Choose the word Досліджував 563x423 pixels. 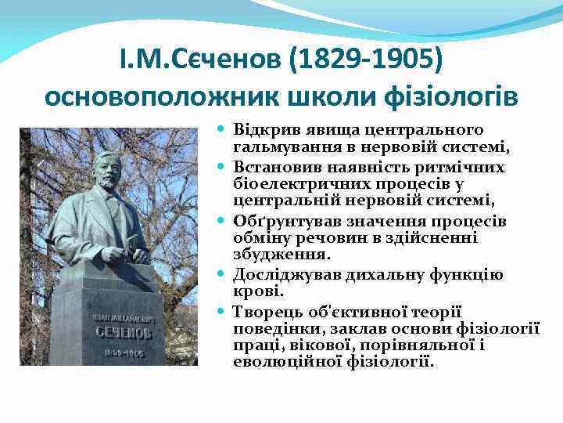tap(281, 275)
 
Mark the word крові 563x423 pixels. tap(251, 291)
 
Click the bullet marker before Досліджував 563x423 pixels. tap(223, 275)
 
